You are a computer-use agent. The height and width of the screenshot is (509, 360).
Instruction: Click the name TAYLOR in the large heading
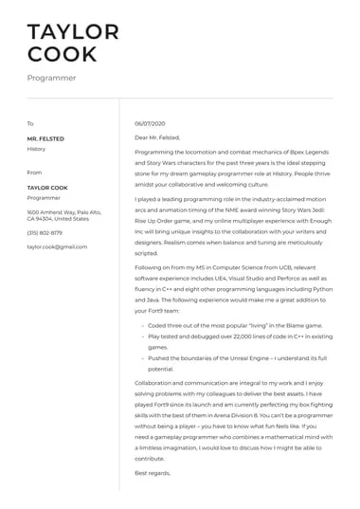pos(73,31)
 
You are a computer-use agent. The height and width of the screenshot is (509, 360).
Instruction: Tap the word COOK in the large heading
pos(62,54)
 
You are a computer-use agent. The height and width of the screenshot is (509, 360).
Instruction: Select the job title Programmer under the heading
pos(51,79)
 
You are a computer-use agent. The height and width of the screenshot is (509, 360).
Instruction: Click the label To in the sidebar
pos(30,124)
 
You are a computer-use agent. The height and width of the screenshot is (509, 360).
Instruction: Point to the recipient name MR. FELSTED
pos(45,138)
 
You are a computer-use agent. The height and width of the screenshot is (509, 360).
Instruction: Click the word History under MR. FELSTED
pos(36,149)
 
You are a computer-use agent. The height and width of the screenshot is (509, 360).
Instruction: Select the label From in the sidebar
pos(34,173)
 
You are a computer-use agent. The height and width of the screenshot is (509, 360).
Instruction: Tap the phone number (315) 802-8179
pos(45,232)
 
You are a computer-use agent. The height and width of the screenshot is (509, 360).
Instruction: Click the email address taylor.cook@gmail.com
pos(57,246)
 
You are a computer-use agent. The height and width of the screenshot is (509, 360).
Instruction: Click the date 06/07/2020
pos(150,124)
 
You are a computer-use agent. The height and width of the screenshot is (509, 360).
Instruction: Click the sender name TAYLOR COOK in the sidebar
pos(48,188)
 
